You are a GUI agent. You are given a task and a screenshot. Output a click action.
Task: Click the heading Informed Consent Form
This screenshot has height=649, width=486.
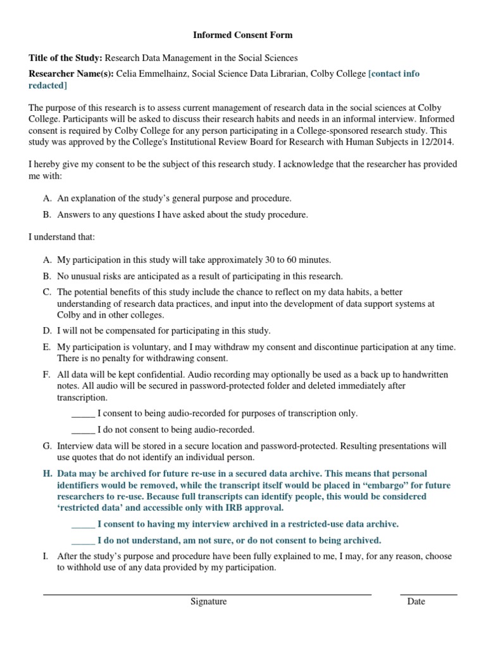pyautogui.click(x=243, y=35)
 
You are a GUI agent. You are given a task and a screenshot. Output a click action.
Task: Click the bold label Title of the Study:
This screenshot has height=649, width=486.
pyautogui.click(x=66, y=58)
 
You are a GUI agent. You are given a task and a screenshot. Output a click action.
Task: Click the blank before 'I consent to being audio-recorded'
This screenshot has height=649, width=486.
pyautogui.click(x=83, y=414)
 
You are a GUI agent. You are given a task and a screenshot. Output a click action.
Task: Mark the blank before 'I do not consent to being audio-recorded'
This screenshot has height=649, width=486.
pyautogui.click(x=83, y=430)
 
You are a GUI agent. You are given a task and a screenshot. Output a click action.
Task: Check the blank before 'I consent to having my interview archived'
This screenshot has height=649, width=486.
pyautogui.click(x=83, y=525)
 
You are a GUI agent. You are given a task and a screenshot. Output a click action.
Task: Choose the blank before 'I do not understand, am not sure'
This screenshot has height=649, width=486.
pyautogui.click(x=83, y=541)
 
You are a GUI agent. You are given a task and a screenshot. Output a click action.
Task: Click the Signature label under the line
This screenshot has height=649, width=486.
pyautogui.click(x=208, y=601)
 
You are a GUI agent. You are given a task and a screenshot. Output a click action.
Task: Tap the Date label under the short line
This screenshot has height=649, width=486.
pyautogui.click(x=416, y=601)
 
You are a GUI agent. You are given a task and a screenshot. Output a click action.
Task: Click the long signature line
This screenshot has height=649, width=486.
pyautogui.click(x=207, y=594)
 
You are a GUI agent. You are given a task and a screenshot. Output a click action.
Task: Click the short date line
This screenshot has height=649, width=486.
pyautogui.click(x=428, y=594)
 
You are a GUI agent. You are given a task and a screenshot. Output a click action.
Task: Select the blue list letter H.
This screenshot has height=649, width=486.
pyautogui.click(x=47, y=473)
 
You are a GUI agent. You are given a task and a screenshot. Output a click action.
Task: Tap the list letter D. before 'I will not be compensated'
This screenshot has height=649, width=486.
pyautogui.click(x=47, y=331)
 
